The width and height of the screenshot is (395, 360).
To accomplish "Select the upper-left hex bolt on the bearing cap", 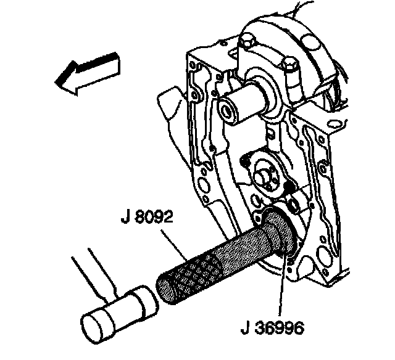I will point(247,43).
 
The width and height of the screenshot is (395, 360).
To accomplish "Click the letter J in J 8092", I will point(126,219).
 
